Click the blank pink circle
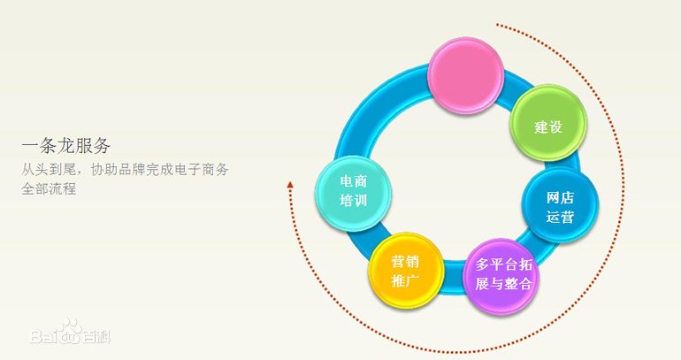[x=465, y=74]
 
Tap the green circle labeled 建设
[x=548, y=123]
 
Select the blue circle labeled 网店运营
[x=560, y=204]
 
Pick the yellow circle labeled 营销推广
[x=406, y=270]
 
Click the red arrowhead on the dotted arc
[x=290, y=185]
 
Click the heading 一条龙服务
[x=66, y=145]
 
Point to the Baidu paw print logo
[x=70, y=330]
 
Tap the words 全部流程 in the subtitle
[x=49, y=189]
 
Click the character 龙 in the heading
[x=66, y=145]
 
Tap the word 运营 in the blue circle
[x=560, y=216]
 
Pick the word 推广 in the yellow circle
[x=405, y=280]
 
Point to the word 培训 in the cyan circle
[x=354, y=200]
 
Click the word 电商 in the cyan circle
[x=354, y=181]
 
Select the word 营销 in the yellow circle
[x=405, y=262]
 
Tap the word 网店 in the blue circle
[x=560, y=197]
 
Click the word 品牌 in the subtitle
[x=131, y=169]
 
